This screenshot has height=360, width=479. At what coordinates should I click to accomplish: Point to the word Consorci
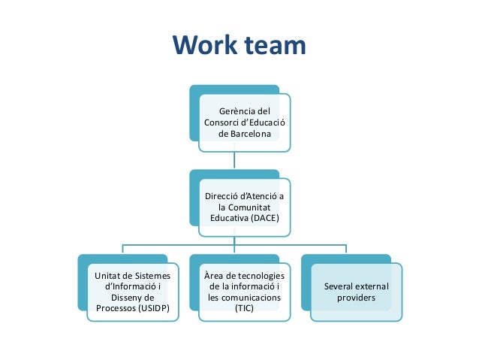tap(221, 123)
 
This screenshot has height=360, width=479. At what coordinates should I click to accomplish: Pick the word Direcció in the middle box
tap(224, 196)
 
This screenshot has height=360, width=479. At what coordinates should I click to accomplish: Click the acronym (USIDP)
tap(154, 308)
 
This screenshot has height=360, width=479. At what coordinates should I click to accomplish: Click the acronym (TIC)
tap(244, 308)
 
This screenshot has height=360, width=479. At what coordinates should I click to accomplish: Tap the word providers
tap(356, 298)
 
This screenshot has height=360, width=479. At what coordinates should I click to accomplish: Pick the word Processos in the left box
tap(112, 308)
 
